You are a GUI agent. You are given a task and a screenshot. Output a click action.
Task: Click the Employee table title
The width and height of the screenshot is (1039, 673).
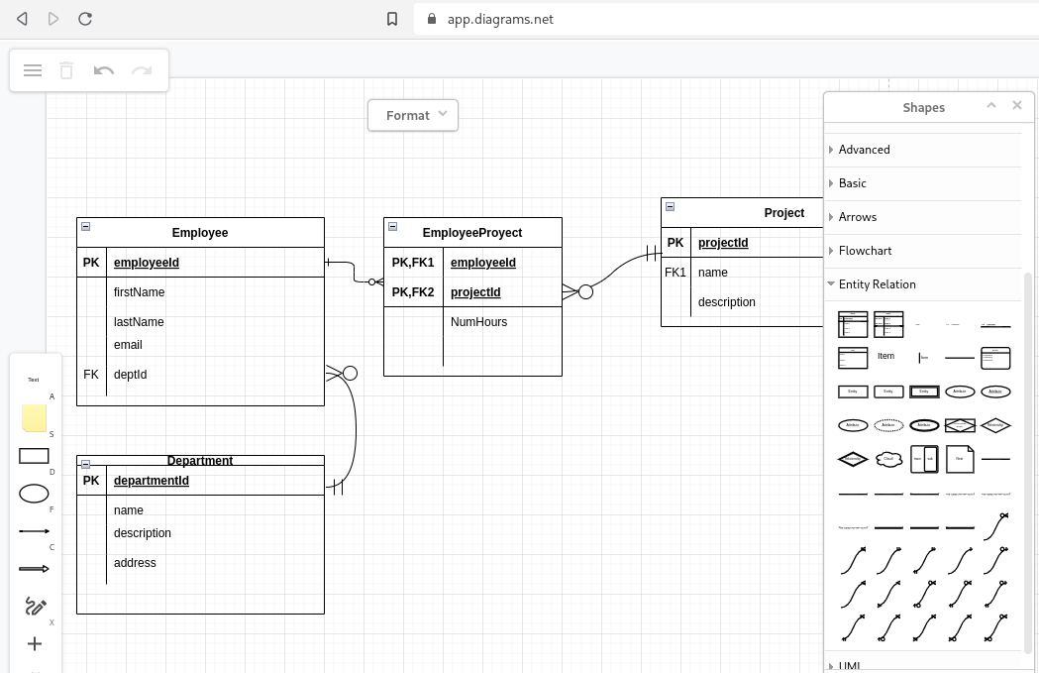pyautogui.click(x=200, y=233)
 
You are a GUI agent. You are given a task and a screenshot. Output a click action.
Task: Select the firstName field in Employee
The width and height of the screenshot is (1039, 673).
pyautogui.click(x=139, y=292)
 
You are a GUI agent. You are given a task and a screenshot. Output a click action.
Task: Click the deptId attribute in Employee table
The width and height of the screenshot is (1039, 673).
pyautogui.click(x=130, y=375)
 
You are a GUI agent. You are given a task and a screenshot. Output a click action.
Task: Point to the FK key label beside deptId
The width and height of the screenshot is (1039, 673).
pyautogui.click(x=91, y=375)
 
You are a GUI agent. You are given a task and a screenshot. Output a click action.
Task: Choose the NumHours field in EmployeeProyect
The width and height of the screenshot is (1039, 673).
pyautogui.click(x=478, y=322)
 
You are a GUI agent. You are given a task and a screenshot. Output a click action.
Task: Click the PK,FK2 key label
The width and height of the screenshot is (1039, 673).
pyautogui.click(x=413, y=292)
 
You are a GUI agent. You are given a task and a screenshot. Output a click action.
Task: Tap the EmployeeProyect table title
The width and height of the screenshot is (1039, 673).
pyautogui.click(x=472, y=233)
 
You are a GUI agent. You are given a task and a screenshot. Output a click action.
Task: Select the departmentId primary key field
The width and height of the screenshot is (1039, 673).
pyautogui.click(x=151, y=481)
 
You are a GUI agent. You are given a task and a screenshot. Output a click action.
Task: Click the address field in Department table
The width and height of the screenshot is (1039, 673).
pyautogui.click(x=135, y=563)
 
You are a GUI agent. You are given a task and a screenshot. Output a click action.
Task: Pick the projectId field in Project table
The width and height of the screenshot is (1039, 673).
pyautogui.click(x=723, y=243)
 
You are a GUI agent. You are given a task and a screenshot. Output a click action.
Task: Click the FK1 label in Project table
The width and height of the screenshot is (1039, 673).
pyautogui.click(x=675, y=273)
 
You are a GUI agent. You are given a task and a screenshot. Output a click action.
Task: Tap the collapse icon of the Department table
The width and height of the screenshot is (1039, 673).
pyautogui.click(x=86, y=464)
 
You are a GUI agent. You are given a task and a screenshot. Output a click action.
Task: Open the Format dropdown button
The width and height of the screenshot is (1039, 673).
pyautogui.click(x=413, y=115)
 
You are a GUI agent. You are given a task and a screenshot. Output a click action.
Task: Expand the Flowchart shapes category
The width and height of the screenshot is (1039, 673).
pyautogui.click(x=865, y=251)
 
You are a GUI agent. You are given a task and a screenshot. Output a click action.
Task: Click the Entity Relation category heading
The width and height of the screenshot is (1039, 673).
pyautogui.click(x=877, y=284)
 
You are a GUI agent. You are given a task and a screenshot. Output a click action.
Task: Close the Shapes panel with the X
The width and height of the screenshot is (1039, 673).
pyautogui.click(x=1016, y=106)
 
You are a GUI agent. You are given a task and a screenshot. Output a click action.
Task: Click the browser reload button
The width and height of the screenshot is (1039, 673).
pyautogui.click(x=85, y=19)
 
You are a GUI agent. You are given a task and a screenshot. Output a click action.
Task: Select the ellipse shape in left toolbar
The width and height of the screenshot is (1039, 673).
pyautogui.click(x=34, y=494)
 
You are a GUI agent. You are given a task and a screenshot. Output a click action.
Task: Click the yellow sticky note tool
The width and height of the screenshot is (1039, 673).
pyautogui.click(x=34, y=418)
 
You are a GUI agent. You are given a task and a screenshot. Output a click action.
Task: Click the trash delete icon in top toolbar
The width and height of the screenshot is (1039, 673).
pyautogui.click(x=66, y=70)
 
